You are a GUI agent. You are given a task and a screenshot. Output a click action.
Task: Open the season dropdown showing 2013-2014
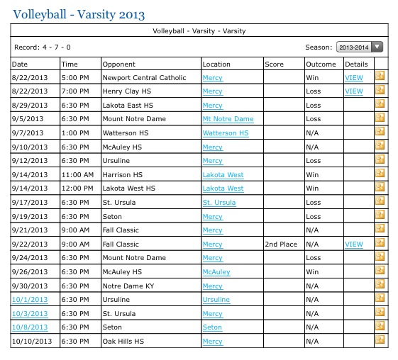(359, 47)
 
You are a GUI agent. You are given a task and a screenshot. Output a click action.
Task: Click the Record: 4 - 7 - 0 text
(43, 47)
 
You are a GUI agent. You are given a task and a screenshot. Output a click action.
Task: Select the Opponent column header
(119, 64)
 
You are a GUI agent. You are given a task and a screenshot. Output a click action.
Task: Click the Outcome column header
(321, 64)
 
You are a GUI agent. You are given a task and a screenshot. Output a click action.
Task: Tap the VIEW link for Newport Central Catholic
(353, 77)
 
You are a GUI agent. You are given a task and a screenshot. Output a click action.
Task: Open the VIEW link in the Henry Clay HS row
(353, 91)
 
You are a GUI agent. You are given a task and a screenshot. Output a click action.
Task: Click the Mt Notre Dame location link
(228, 119)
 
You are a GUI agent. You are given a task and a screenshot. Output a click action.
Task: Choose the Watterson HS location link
(226, 133)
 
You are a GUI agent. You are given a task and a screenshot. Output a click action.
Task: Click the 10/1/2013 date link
(29, 300)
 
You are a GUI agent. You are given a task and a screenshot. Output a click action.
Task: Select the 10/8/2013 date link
(29, 327)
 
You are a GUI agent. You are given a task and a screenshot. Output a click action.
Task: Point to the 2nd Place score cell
(282, 244)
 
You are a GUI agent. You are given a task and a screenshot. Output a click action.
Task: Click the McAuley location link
(216, 272)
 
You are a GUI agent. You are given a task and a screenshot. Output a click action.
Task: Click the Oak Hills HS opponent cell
(123, 342)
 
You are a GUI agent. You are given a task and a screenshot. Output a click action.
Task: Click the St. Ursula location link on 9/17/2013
(218, 203)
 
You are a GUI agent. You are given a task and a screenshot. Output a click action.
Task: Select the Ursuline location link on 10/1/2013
(216, 300)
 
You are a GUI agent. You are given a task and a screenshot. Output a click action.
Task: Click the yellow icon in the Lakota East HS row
(380, 105)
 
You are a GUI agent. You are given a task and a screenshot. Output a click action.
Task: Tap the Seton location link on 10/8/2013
(212, 327)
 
